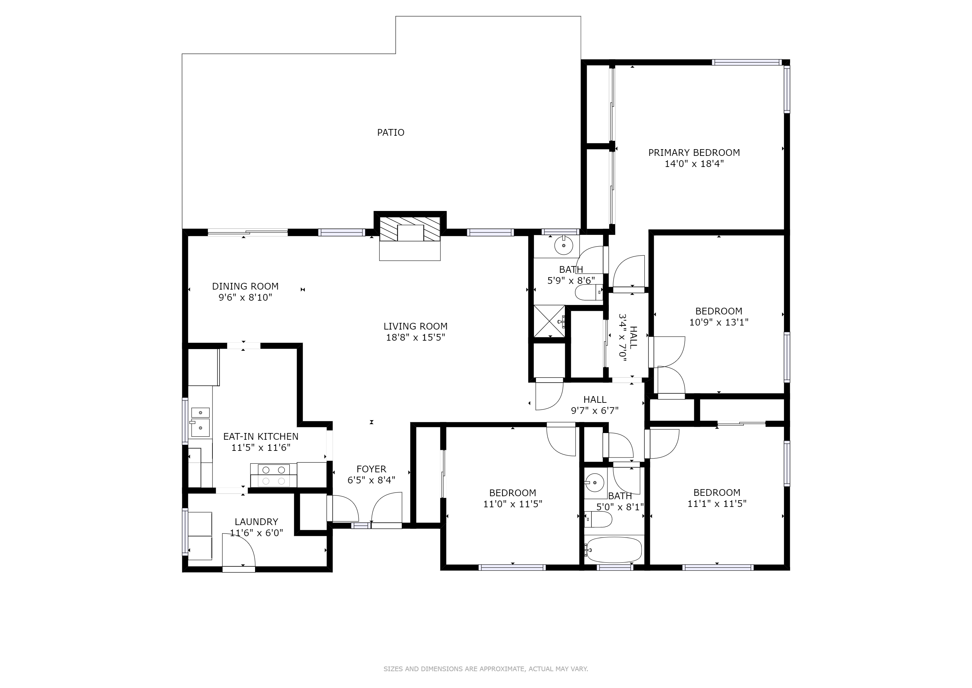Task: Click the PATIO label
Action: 390,133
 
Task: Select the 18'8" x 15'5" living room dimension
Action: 415,337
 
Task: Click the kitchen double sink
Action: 200,422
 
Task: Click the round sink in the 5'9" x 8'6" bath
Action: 564,245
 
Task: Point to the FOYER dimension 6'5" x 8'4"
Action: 371,480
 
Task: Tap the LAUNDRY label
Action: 256,522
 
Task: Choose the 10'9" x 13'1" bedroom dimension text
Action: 719,322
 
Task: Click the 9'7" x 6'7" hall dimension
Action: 595,410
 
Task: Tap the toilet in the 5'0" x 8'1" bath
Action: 598,519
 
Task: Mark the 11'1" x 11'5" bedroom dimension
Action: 717,504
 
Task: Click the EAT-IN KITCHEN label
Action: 261,436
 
